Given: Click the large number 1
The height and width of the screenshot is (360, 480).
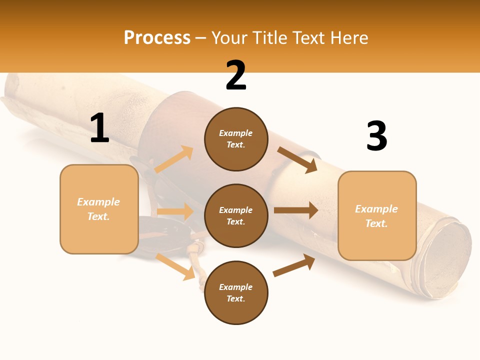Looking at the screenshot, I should point(99,128).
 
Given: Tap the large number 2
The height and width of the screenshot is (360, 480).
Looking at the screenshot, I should point(236,75).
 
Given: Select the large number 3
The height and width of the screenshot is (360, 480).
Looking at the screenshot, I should point(376,136).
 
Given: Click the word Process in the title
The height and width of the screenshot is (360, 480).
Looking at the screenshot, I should point(157,37).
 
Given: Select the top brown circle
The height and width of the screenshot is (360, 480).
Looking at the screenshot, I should point(236,139).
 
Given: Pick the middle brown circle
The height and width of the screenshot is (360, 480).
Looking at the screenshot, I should point(236,215).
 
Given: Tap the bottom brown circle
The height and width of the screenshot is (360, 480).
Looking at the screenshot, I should point(236,292).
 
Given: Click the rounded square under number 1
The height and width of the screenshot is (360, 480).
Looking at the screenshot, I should point(99,209).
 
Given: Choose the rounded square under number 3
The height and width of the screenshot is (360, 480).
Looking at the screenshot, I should point(377,216).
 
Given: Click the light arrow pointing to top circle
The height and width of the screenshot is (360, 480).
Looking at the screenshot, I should point(174,159).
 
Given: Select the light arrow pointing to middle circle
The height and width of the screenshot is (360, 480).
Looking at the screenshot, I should point(175,212).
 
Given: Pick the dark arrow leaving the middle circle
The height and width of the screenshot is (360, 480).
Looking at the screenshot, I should point(296,210).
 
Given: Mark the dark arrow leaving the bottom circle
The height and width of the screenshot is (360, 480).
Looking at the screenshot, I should point(294,265).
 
